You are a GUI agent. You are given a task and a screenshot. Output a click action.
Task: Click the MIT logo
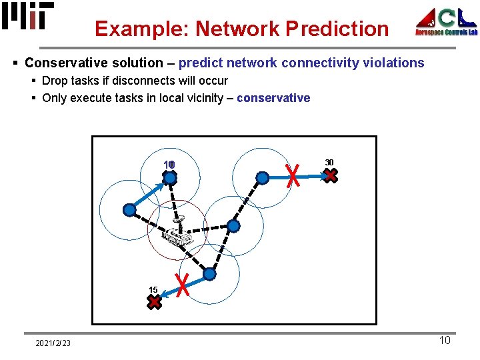coord(28,16)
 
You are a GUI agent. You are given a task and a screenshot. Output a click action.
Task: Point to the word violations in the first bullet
coord(393,63)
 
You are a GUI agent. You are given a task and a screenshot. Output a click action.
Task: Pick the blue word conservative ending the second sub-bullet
coord(273,98)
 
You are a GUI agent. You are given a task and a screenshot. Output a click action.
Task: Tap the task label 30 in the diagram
coord(329,162)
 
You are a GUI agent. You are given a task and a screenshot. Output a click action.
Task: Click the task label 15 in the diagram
coord(153,290)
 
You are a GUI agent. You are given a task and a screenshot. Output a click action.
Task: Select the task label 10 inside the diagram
coord(169,165)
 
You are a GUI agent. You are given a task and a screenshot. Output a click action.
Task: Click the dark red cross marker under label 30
coord(331,176)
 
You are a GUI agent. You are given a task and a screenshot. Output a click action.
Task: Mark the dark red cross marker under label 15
coord(154,302)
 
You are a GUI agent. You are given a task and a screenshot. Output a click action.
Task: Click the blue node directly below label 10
coord(170,178)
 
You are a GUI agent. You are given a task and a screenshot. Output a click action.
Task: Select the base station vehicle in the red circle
coord(177,234)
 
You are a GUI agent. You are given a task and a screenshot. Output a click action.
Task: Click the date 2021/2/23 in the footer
coord(53,343)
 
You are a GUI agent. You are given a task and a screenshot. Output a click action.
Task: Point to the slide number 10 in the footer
coord(445,341)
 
